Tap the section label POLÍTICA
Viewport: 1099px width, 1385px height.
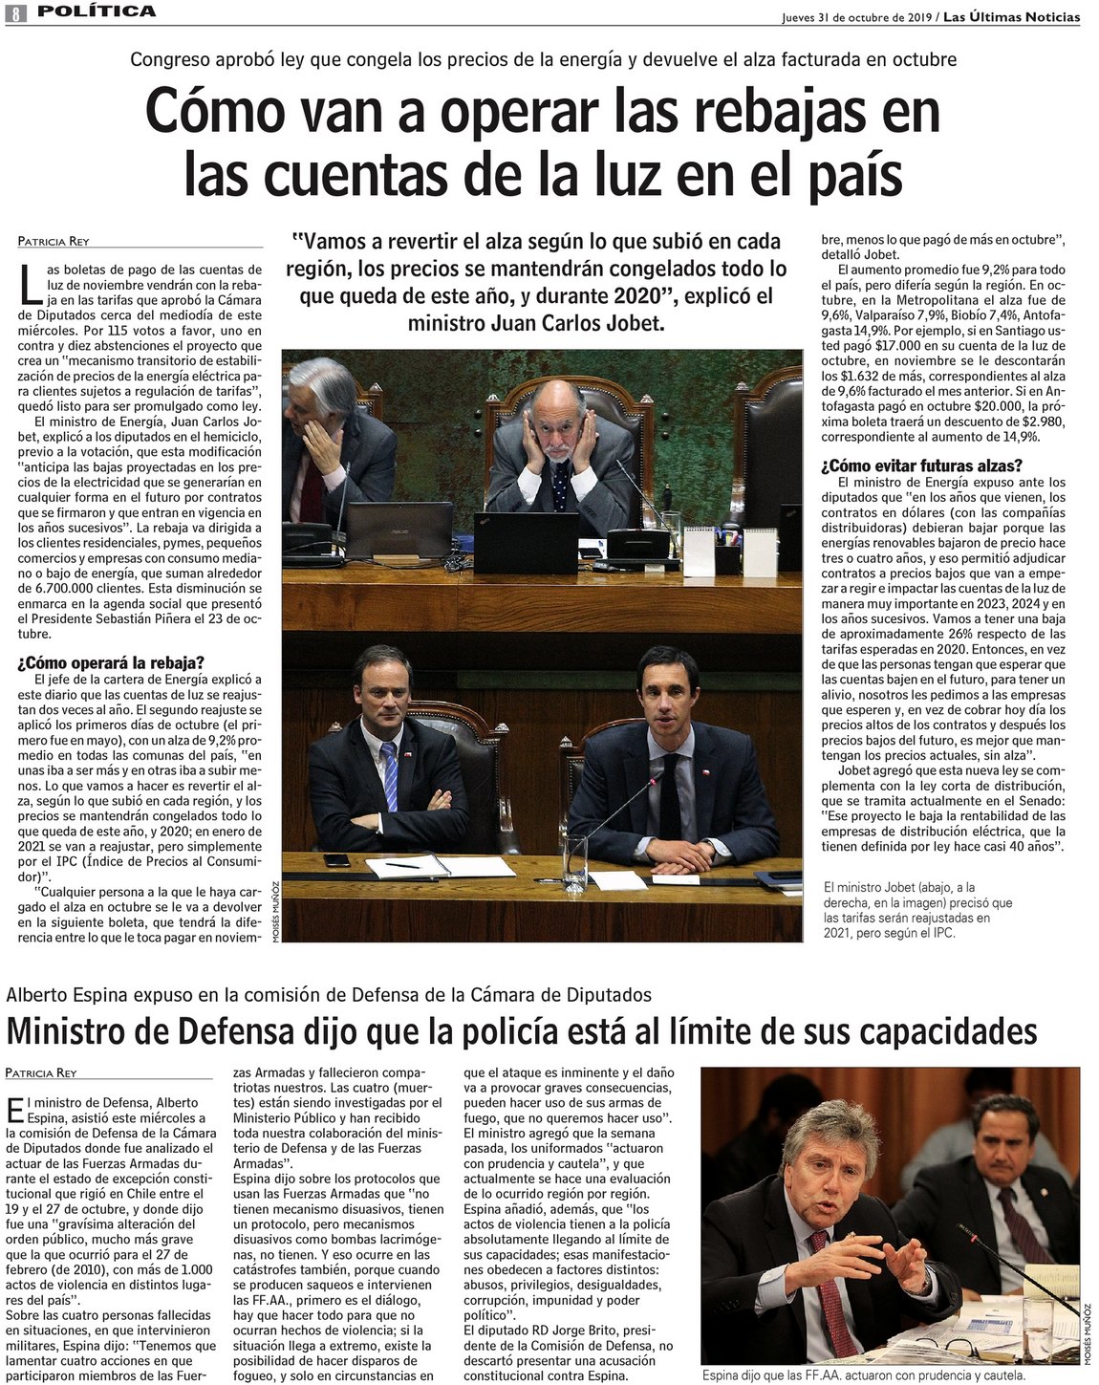coord(97,11)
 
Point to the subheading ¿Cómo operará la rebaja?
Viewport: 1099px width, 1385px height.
coord(111,663)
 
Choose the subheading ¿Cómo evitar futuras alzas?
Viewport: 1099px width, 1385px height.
coord(916,466)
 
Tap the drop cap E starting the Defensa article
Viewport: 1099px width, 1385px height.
coord(13,1109)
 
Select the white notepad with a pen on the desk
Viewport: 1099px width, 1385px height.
coord(408,866)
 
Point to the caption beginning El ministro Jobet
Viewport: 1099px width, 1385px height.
coord(916,910)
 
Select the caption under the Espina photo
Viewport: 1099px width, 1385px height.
coord(863,1375)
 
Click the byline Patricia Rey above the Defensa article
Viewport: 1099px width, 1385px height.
coord(41,1072)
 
